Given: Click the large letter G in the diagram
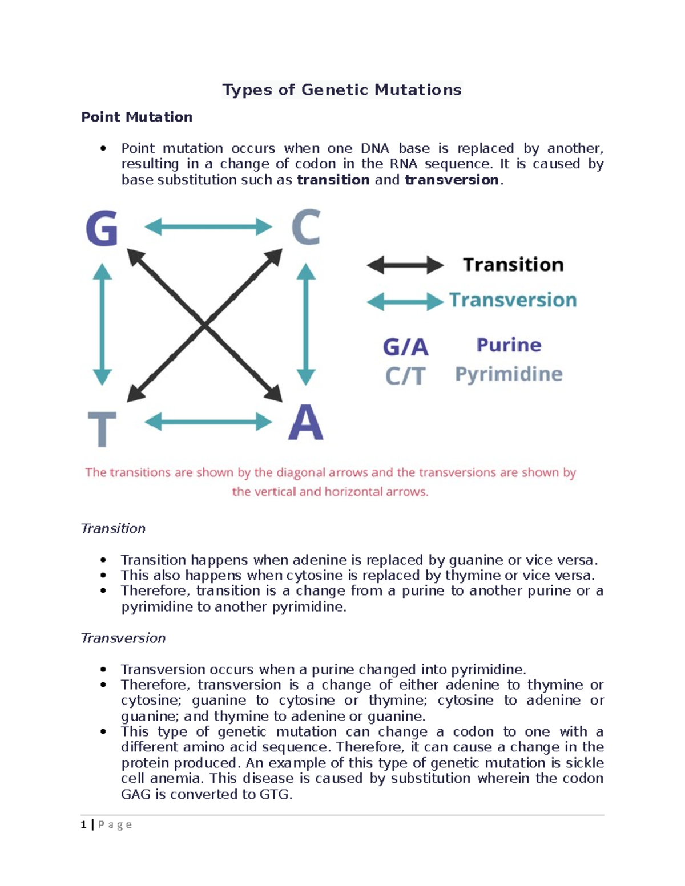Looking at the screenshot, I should coord(102,228).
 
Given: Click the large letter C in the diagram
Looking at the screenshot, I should coord(305,227).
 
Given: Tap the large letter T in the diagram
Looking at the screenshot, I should coord(102,428).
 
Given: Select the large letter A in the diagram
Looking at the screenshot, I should coord(306,423).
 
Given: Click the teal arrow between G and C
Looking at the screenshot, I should coord(208,227).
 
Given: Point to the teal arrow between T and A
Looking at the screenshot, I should coord(208,423).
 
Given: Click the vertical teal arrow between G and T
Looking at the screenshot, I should coord(102,324).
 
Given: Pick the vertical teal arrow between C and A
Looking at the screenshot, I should coord(307,324).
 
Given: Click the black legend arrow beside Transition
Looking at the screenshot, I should coord(405,265).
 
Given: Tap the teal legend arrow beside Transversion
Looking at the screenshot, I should coord(405,301).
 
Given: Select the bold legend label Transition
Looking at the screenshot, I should coord(513,265).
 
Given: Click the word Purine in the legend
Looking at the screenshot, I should coord(509,345).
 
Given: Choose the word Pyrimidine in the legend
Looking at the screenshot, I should coord(509,374).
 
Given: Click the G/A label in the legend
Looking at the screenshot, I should coord(405,347).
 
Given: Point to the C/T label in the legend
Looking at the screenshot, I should coord(405,376).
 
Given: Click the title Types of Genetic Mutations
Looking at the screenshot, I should coord(341,90).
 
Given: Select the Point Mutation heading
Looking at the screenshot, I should coord(136,117).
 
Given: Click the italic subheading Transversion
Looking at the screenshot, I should coord(123,638).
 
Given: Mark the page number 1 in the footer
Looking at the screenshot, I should coord(84,824).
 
